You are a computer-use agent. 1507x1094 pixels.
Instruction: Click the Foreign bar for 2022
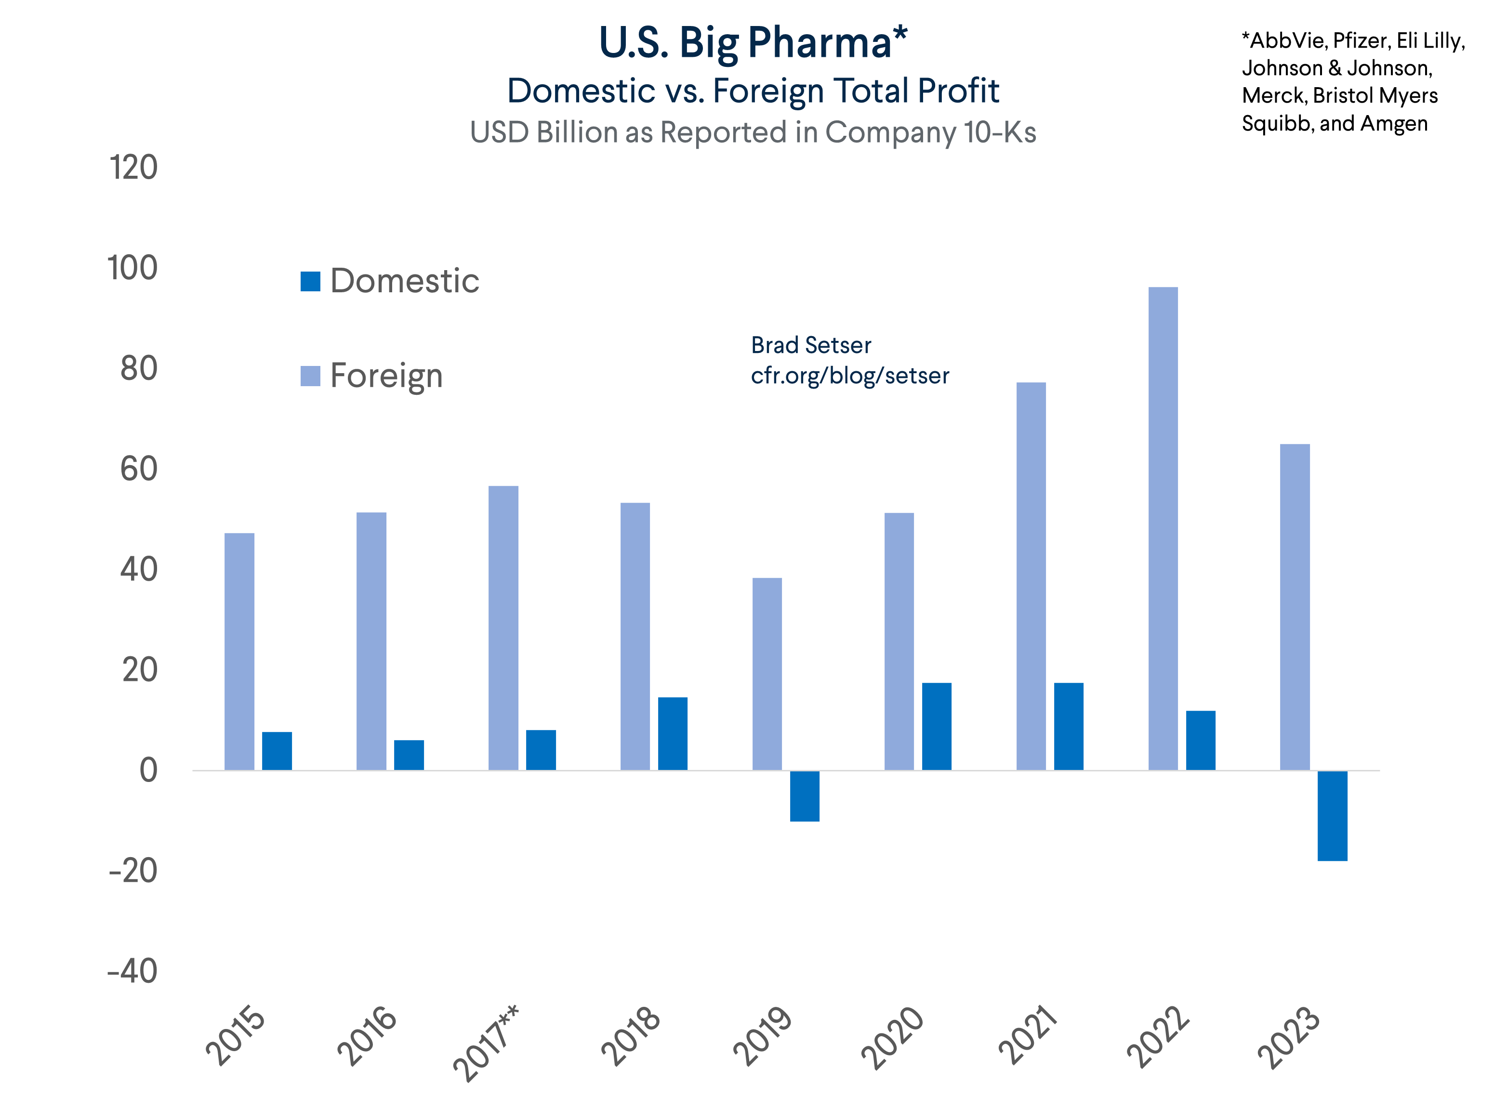[x=1163, y=528]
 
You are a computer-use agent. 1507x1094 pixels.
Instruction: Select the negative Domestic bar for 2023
[x=1332, y=816]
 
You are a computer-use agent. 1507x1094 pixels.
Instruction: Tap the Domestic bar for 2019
[x=804, y=796]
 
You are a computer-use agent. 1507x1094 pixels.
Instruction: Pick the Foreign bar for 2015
[x=239, y=651]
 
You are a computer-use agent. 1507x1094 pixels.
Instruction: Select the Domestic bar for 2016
[x=409, y=755]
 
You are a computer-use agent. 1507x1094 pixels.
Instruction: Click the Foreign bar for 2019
[x=767, y=674]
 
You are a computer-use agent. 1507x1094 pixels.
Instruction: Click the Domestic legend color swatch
[x=310, y=281]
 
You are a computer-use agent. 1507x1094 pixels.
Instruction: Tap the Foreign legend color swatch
[x=310, y=376]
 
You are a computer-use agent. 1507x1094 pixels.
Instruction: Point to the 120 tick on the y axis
[x=133, y=168]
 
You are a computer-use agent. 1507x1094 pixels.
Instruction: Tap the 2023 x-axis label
[x=1289, y=1038]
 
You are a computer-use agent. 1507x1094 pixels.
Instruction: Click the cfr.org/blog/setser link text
[x=849, y=376]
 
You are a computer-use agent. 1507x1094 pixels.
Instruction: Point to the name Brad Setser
[x=811, y=345]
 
